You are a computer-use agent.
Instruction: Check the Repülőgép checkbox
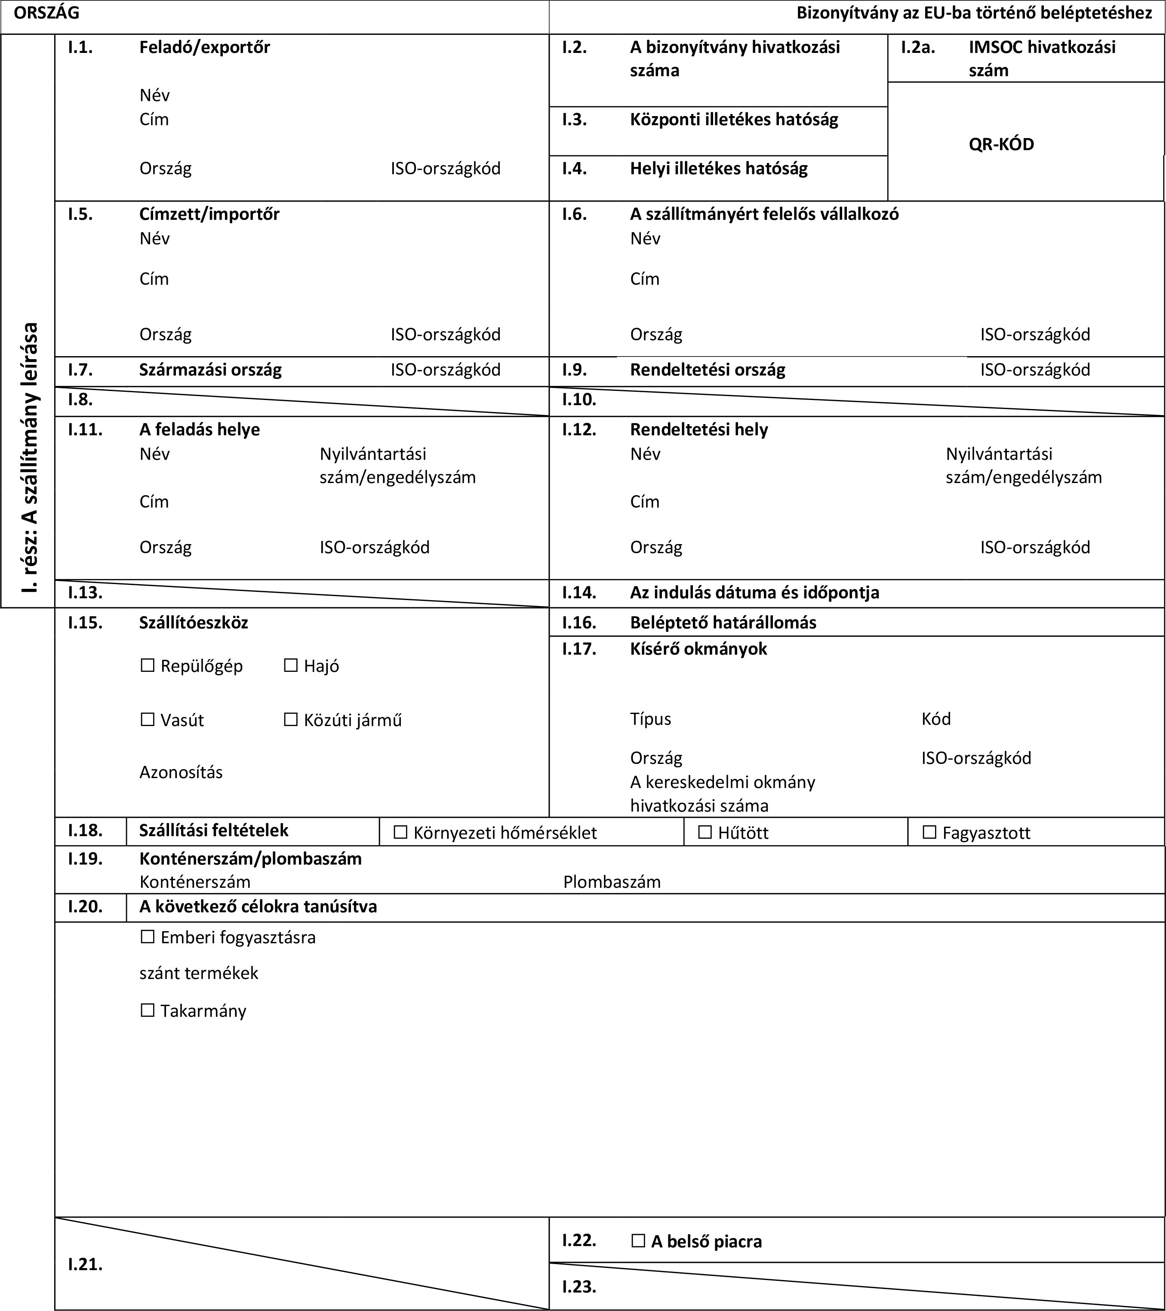pyautogui.click(x=148, y=666)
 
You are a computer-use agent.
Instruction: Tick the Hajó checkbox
pyautogui.click(x=291, y=666)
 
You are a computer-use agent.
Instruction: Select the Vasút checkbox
pyautogui.click(x=148, y=720)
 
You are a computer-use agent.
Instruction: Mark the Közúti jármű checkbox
pyautogui.click(x=291, y=720)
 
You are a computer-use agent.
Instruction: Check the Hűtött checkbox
pyautogui.click(x=705, y=833)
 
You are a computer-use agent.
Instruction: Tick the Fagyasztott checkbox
pyautogui.click(x=929, y=833)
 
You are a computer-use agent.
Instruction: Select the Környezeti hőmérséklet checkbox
pyautogui.click(x=400, y=833)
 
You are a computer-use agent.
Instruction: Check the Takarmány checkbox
pyautogui.click(x=148, y=1011)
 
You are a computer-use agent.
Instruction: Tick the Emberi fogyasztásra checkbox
pyautogui.click(x=148, y=937)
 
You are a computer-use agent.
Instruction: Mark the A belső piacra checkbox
pyautogui.click(x=638, y=1241)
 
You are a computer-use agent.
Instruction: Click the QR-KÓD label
pyautogui.click(x=1001, y=145)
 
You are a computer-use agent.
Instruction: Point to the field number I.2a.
pyautogui.click(x=917, y=47)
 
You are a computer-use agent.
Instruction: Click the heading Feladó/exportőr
pyautogui.click(x=205, y=47)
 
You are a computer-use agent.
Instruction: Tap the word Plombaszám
pyautogui.click(x=612, y=882)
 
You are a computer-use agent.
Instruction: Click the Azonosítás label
pyautogui.click(x=181, y=772)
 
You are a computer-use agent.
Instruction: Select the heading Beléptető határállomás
pyautogui.click(x=723, y=622)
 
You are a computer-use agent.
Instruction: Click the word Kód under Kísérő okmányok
pyautogui.click(x=936, y=719)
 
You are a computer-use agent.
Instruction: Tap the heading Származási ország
pyautogui.click(x=210, y=370)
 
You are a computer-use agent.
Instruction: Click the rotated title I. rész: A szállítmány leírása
pyautogui.click(x=29, y=457)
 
